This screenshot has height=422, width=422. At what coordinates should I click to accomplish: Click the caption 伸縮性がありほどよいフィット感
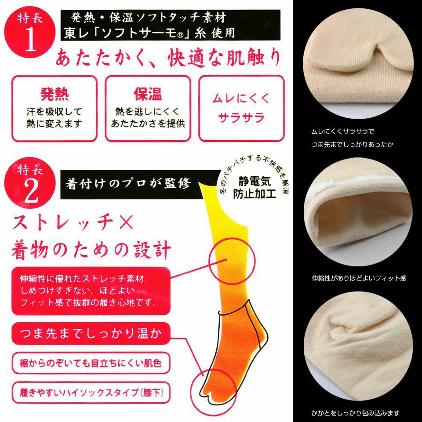[x=358, y=278]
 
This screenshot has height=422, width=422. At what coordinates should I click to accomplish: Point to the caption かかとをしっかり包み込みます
[x=355, y=413]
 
